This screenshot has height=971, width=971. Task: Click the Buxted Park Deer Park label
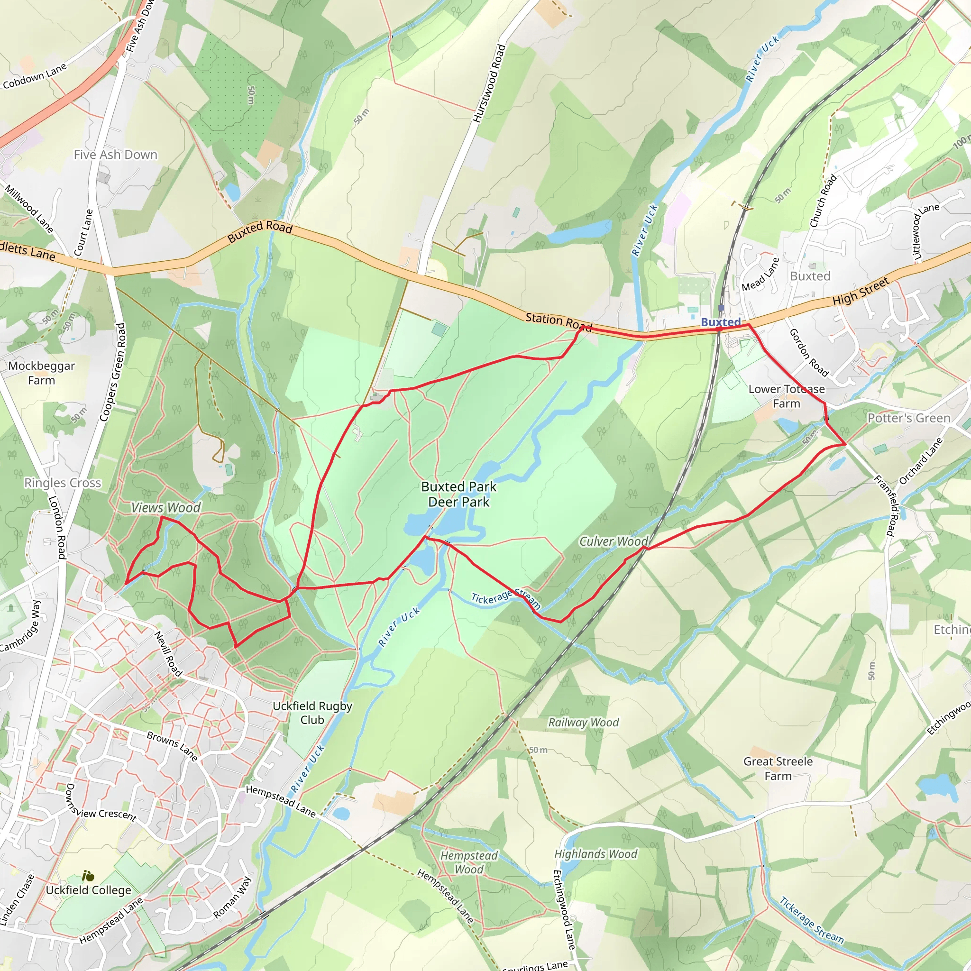[x=458, y=494]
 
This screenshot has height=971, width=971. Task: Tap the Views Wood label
[x=166, y=508]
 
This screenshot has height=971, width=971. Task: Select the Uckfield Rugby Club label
[x=312, y=713]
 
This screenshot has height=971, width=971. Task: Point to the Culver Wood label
[x=614, y=541]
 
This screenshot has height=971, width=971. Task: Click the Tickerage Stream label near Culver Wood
[x=505, y=600]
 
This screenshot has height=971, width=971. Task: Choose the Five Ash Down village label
[x=116, y=155]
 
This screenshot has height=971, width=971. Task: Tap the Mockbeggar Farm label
[x=42, y=373]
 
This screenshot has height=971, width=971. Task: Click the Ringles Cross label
[x=63, y=483]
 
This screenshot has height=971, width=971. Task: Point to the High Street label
[x=861, y=292]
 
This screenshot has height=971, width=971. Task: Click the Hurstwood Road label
[x=488, y=83]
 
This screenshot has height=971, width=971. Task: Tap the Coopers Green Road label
[x=112, y=372]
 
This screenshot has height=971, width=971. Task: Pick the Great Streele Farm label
[x=778, y=769]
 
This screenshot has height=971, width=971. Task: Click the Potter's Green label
[x=909, y=418]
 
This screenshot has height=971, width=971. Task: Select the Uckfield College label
[x=89, y=890]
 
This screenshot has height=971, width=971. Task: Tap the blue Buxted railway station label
[x=720, y=321]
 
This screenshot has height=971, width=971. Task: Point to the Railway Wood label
[x=583, y=722]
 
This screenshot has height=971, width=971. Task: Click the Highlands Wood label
[x=595, y=854]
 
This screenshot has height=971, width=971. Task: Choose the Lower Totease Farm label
[x=786, y=396]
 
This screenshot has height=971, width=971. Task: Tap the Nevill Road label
[x=168, y=654]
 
